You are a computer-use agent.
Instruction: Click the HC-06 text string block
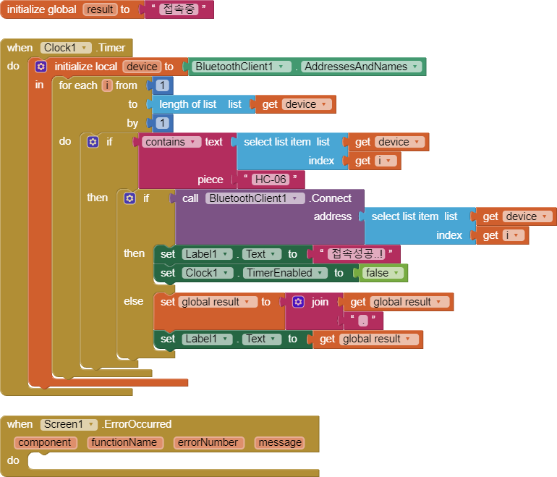coord(270,180)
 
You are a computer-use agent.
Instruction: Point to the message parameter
coord(279,442)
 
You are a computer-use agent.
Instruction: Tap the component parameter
coord(44,442)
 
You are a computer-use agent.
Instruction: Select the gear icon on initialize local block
coord(41,67)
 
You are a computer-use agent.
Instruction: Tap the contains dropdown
coord(171,142)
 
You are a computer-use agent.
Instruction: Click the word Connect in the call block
coord(331,198)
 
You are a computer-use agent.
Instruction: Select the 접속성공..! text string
coord(354,254)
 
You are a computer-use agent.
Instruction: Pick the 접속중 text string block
coord(177,10)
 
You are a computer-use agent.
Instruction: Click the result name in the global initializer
coord(101,10)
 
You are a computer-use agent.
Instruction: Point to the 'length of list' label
coord(187,104)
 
